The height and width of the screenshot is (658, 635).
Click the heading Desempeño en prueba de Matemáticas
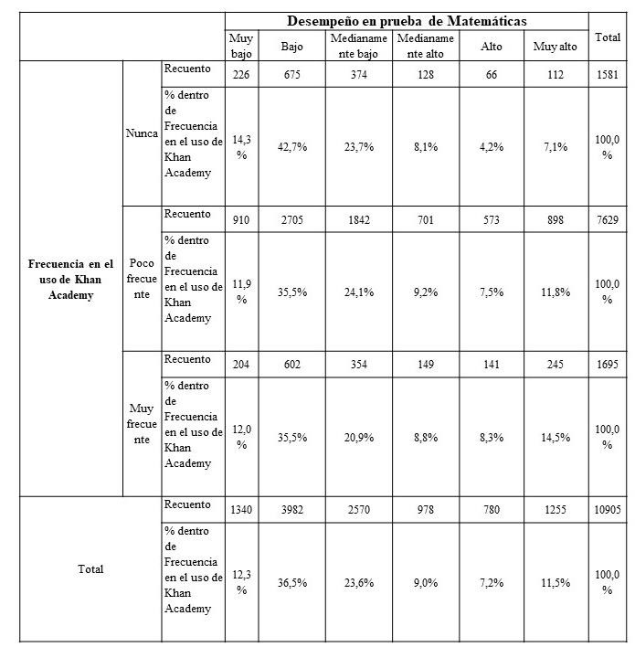[x=407, y=20]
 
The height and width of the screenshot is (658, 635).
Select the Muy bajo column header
[x=241, y=45]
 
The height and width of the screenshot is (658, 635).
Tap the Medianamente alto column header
[x=425, y=45]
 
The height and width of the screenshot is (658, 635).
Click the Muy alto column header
[x=555, y=46]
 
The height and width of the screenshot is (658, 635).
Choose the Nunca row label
[x=142, y=133]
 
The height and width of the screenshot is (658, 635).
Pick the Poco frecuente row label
[x=142, y=279]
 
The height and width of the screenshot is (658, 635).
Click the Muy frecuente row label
[x=142, y=424]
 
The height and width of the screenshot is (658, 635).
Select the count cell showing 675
[x=292, y=75]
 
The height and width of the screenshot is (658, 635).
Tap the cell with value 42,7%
[x=292, y=147]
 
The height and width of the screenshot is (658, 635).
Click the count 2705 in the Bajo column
[x=292, y=220]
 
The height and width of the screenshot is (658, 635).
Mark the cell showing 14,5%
[x=555, y=438]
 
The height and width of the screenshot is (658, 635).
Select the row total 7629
[x=608, y=220]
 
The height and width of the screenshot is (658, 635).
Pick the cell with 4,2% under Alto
[x=491, y=147]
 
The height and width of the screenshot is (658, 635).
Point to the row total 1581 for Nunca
[x=608, y=75]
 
